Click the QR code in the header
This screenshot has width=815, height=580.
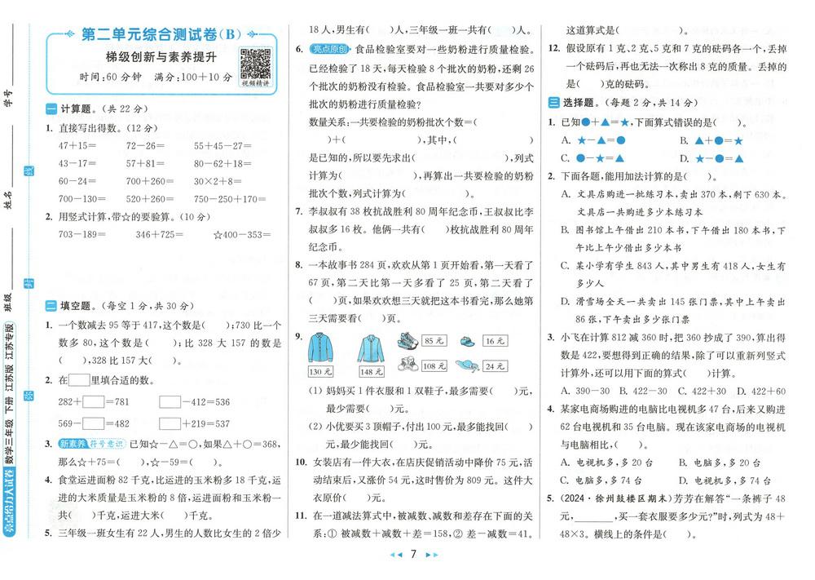255,62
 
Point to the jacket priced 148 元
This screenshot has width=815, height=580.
370,348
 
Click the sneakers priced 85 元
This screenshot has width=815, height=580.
409,340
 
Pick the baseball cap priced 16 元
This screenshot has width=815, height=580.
465,340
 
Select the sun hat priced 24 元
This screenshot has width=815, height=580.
466,365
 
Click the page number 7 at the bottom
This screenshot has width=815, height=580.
413,556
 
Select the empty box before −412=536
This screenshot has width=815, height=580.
170,401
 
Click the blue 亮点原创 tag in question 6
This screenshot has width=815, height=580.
331,49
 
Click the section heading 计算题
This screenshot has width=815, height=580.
78,108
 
